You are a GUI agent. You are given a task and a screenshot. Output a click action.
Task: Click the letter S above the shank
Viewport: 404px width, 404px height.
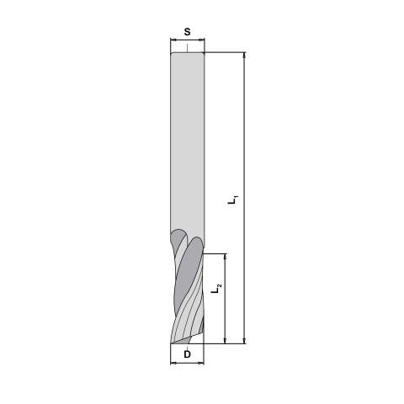(187, 32)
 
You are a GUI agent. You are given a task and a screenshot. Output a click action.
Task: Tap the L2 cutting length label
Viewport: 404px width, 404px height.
(217, 290)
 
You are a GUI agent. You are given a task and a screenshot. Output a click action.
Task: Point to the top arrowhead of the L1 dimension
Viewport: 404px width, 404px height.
(243, 56)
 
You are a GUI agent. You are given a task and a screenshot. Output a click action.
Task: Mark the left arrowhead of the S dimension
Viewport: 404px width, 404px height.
(171, 41)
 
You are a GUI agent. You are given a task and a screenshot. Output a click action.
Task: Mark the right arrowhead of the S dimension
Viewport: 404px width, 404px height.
(203, 41)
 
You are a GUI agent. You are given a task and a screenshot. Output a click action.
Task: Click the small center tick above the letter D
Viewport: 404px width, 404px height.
(187, 346)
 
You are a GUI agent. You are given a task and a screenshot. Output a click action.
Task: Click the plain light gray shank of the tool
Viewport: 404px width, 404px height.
(187, 143)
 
